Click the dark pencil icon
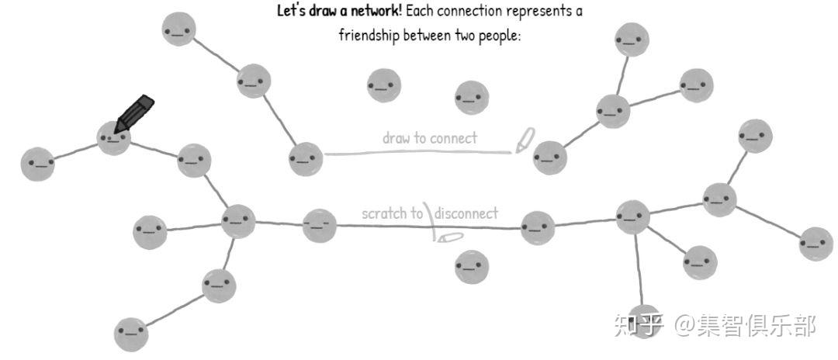[x=133, y=113]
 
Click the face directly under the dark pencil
[x=114, y=138]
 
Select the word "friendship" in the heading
[x=369, y=36]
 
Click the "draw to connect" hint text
[x=429, y=138]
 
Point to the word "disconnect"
[x=466, y=213]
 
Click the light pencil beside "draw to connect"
[x=525, y=140]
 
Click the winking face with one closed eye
[x=320, y=226]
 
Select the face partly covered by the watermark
[x=644, y=321]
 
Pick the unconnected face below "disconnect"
[x=472, y=267]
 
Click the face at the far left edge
[x=37, y=164]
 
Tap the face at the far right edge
[x=816, y=244]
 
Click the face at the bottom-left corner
[x=131, y=334]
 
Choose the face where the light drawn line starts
[x=306, y=159]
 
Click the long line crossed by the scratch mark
[x=428, y=227]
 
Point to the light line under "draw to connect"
[x=418, y=154]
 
